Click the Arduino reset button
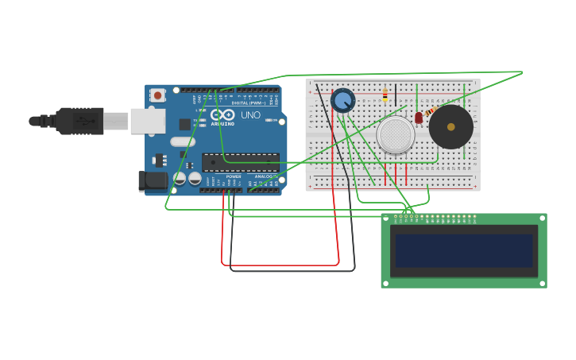click(157, 95)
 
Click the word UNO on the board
click(250, 115)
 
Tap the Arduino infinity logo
click(222, 114)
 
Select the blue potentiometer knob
click(343, 101)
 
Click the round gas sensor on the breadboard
click(396, 134)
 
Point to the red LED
click(419, 118)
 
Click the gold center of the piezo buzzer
click(450, 126)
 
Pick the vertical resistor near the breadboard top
click(385, 95)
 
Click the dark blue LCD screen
click(464, 250)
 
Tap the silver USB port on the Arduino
click(148, 121)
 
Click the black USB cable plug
click(79, 121)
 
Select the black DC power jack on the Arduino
click(153, 181)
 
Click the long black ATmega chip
click(240, 162)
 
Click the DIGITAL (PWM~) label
click(249, 103)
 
